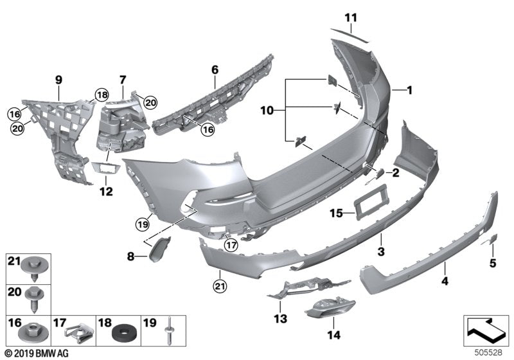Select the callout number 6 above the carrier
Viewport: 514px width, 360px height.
point(215,67)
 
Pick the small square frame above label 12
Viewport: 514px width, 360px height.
point(107,167)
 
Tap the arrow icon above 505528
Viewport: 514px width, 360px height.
point(486,331)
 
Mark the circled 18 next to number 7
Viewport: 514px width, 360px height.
point(102,95)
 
